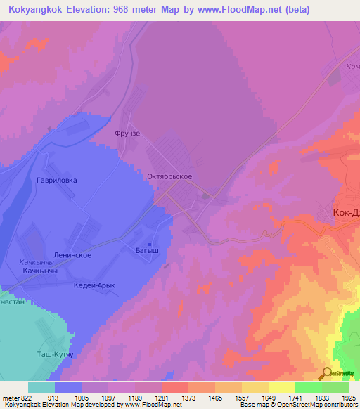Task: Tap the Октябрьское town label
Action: (x=169, y=177)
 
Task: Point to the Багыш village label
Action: (x=147, y=249)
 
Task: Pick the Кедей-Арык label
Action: (x=94, y=285)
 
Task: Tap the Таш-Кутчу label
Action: (x=56, y=355)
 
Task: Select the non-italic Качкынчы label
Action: (x=39, y=271)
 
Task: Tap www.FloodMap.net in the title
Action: (x=231, y=10)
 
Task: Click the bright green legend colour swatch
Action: (x=308, y=387)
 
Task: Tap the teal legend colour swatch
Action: (x=41, y=387)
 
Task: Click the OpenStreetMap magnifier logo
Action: (x=327, y=373)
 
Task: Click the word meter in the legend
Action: (x=8, y=397)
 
